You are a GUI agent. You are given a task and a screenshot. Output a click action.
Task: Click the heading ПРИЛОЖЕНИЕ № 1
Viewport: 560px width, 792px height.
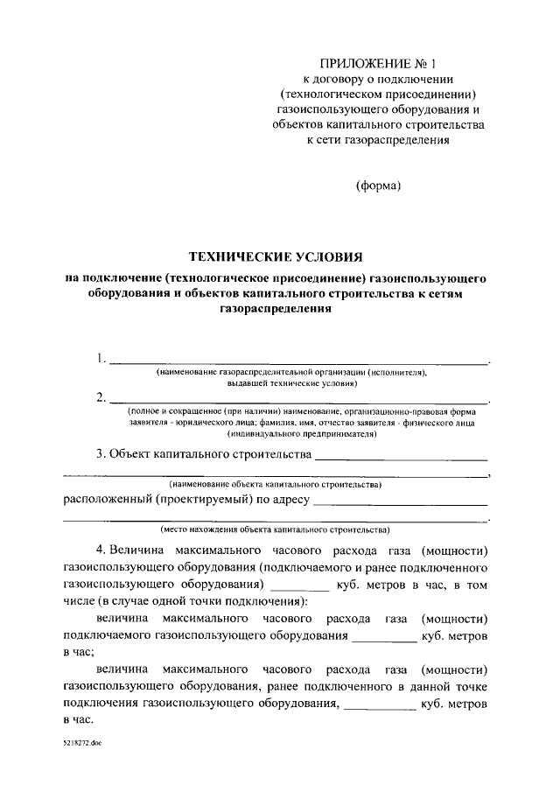pos(377,64)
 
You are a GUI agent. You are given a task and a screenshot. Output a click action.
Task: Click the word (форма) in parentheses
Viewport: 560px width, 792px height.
pos(378,185)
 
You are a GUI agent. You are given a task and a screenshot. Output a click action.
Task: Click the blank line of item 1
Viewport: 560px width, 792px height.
pos(297,361)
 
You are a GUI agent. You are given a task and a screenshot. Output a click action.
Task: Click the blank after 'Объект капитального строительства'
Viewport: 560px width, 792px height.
pos(400,458)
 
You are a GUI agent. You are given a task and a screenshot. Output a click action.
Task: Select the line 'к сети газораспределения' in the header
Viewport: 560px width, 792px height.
pos(377,143)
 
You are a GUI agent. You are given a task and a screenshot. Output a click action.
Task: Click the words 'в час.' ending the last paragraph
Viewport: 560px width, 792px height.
pos(79,720)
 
